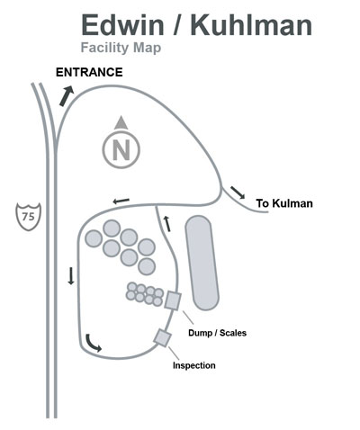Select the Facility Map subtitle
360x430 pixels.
click(121, 48)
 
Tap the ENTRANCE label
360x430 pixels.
click(89, 72)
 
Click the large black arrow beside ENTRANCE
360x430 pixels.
click(67, 95)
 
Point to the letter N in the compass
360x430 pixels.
click(121, 149)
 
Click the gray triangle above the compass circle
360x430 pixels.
click(121, 122)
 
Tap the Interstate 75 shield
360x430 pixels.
click(28, 217)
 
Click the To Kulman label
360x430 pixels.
click(284, 203)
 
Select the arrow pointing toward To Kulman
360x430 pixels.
click(238, 193)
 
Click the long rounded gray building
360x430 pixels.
click(202, 263)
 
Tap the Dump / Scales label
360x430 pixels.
click(217, 333)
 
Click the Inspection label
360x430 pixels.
click(194, 365)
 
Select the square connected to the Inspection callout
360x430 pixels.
click(162, 338)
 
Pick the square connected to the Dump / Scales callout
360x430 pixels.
click(173, 300)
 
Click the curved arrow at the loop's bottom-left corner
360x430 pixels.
click(91, 344)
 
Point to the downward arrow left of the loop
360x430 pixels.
click(71, 276)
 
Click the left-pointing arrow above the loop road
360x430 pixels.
click(121, 201)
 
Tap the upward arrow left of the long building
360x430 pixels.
click(166, 223)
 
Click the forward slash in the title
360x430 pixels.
click(177, 24)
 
